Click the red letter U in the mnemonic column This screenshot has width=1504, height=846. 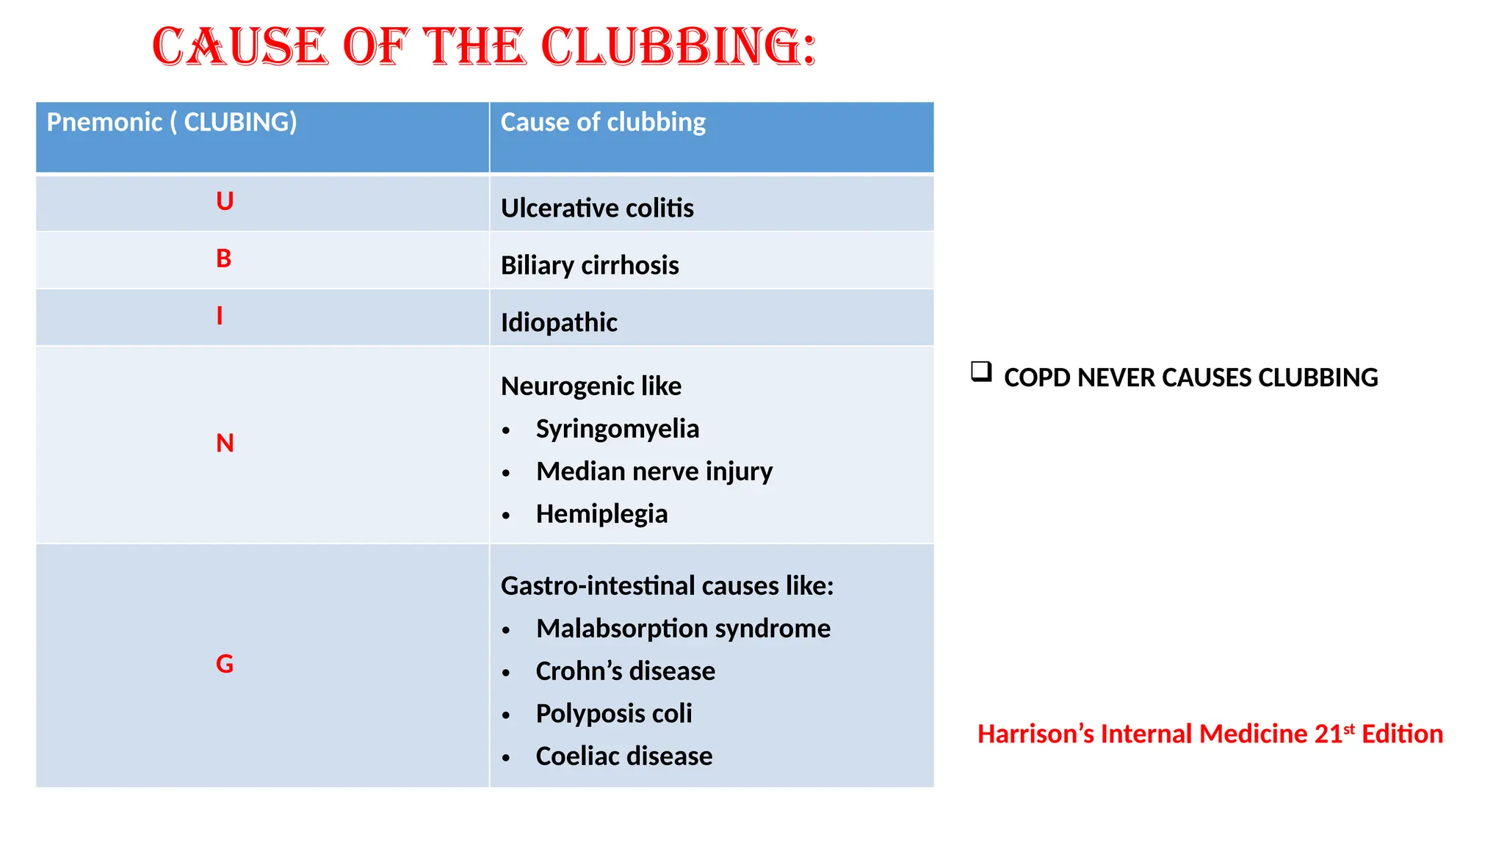click(225, 201)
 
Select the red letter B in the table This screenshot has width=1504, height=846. click(224, 258)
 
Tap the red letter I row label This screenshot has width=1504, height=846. click(220, 316)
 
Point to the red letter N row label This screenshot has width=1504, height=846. click(225, 444)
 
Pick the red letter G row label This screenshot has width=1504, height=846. click(225, 665)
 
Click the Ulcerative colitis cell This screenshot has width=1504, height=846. click(597, 208)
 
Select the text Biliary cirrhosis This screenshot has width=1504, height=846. click(590, 265)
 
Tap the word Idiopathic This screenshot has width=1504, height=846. click(559, 322)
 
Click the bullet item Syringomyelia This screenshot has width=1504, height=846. click(617, 429)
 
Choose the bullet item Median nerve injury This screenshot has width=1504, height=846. click(654, 471)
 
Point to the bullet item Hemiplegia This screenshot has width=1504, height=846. click(601, 514)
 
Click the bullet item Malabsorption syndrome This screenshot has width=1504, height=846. click(683, 629)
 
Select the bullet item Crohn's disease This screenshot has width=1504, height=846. click(625, 671)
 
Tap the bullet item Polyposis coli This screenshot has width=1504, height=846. click(614, 714)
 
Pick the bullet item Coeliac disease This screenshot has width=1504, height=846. click(624, 756)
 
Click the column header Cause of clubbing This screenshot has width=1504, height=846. click(603, 122)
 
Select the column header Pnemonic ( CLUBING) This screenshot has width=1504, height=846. click(172, 122)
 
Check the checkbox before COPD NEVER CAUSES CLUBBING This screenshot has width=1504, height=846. click(981, 372)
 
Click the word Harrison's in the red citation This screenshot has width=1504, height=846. click(1035, 734)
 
